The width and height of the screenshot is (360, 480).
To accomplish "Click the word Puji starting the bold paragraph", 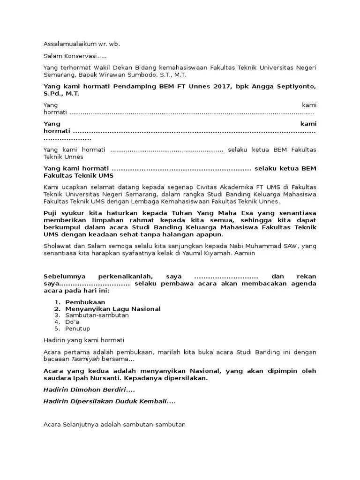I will click(51, 213).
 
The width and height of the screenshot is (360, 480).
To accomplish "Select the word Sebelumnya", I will click(65, 277).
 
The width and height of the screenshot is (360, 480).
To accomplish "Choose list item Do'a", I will click(72, 322).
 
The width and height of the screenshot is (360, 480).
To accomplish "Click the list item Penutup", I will click(77, 329).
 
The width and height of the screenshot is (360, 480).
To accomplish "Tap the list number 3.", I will click(56, 315).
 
